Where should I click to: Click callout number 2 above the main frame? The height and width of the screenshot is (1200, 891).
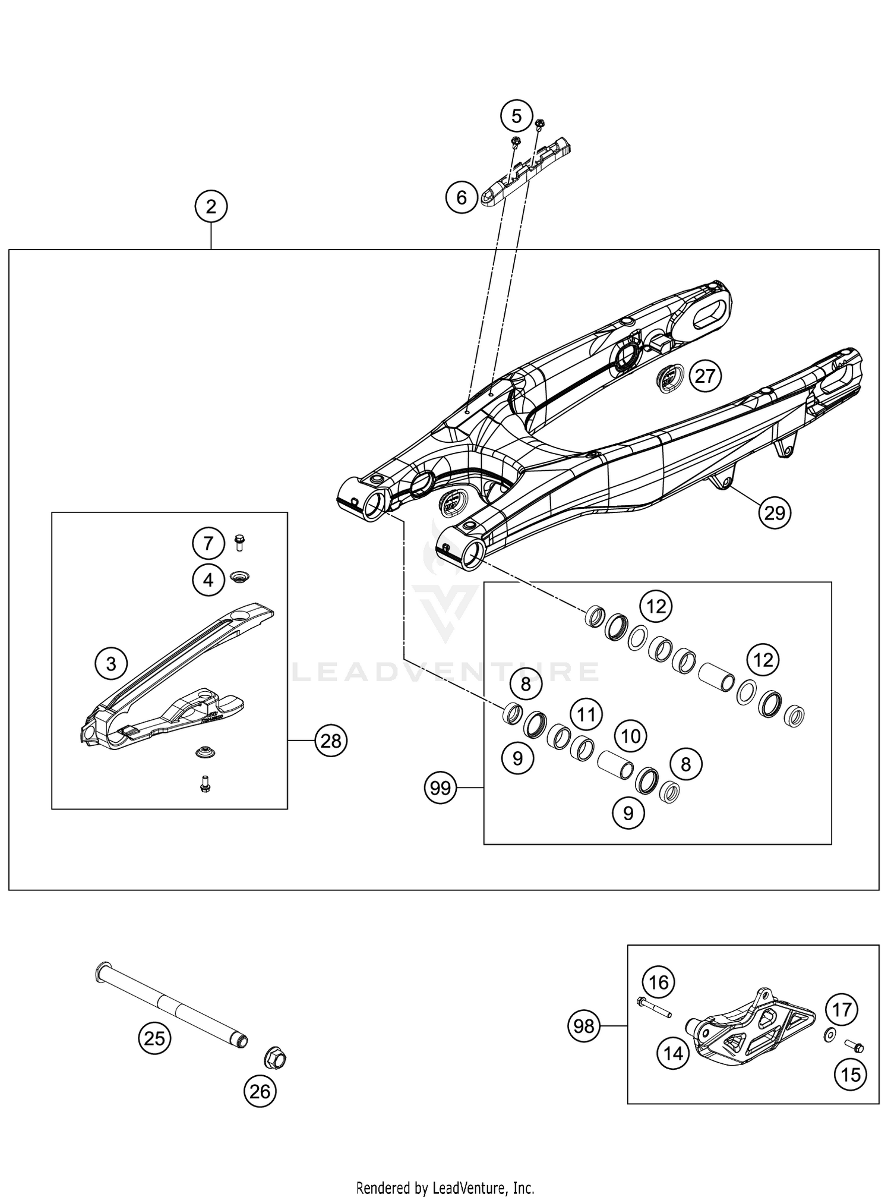click(211, 207)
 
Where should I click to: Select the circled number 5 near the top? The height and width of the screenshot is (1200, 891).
click(516, 116)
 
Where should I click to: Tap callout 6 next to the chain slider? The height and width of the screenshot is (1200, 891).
click(462, 197)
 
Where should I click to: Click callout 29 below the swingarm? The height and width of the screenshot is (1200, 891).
click(775, 512)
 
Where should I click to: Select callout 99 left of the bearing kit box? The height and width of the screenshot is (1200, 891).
click(440, 788)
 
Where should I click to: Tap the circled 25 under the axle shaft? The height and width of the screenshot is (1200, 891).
click(154, 1038)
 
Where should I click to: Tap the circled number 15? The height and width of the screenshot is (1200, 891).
click(851, 1074)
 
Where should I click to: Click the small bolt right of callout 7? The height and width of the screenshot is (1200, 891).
click(240, 542)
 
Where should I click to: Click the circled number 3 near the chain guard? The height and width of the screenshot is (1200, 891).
click(112, 663)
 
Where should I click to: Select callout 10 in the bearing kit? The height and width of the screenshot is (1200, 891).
click(630, 736)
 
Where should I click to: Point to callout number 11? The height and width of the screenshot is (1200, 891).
click(586, 714)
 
